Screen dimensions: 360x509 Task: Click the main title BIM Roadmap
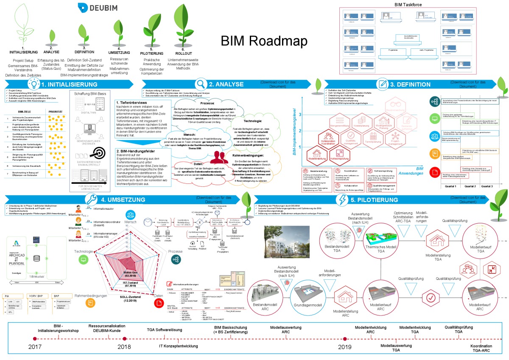point(263,41)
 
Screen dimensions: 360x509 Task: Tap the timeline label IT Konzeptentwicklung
point(178,346)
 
